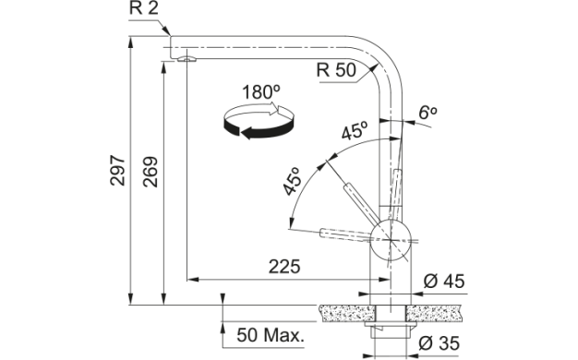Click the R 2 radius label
pos(144,8)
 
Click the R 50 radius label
pos(336,70)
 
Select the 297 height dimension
pos(118,170)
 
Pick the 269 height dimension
pos(151,172)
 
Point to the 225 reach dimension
pos(284,267)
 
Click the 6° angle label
pos(427,113)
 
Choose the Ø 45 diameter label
pos(444,282)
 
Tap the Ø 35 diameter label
pos(439,343)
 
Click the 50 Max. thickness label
pos(271,335)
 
